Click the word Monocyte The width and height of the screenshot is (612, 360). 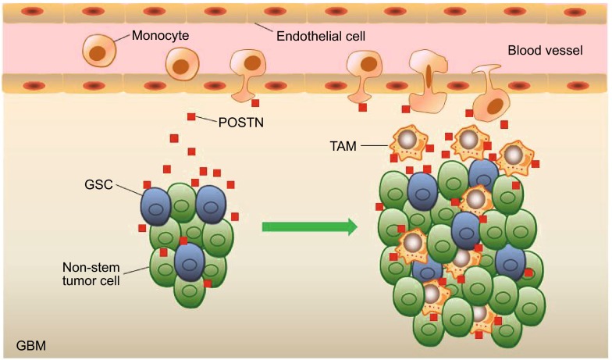point(160,36)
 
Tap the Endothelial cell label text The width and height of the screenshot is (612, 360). point(321,36)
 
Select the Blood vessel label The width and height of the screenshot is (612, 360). point(545,51)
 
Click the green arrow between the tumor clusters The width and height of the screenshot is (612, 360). point(309,226)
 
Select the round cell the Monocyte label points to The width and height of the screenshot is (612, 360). point(100,50)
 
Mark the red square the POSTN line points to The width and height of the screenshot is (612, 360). point(191,116)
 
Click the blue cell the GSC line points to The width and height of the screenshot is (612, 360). point(155,206)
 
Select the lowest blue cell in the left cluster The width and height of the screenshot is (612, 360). point(189,262)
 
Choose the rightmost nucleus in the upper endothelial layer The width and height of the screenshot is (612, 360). point(575,13)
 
